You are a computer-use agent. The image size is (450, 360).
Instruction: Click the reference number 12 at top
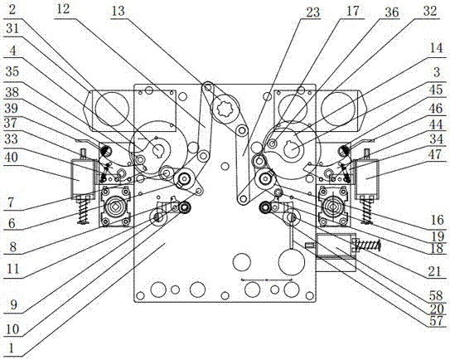(x=62, y=9)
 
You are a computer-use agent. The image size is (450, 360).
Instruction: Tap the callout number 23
(x=312, y=12)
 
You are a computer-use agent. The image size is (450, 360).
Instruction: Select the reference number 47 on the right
(x=435, y=154)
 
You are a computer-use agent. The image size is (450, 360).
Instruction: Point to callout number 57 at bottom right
(x=436, y=321)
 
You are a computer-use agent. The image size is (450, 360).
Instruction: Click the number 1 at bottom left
(x=12, y=348)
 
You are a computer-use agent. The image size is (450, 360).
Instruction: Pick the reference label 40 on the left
(x=12, y=157)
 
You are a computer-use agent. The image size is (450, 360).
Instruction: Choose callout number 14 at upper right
(x=437, y=47)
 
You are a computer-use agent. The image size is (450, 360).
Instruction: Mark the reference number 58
(x=436, y=294)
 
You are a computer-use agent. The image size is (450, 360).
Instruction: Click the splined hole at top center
(x=225, y=109)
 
